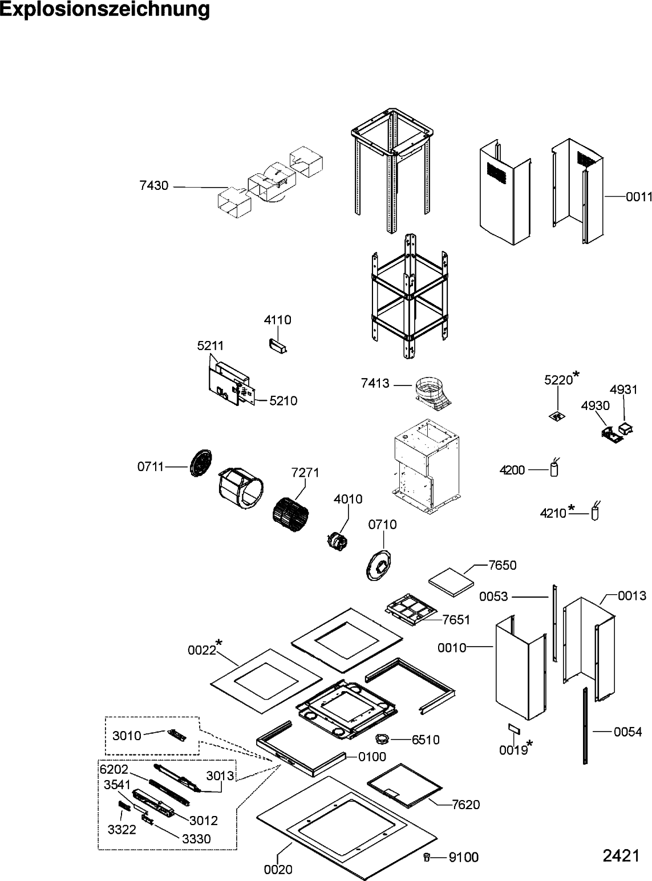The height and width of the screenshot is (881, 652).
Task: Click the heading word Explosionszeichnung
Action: (x=105, y=10)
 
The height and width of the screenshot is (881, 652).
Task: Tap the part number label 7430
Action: (x=153, y=185)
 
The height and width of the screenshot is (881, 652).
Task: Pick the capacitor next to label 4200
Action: (x=553, y=469)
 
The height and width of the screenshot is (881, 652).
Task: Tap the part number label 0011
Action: (x=638, y=197)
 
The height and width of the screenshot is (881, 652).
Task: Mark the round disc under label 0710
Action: (x=378, y=566)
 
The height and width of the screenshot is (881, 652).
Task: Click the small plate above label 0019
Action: (x=513, y=729)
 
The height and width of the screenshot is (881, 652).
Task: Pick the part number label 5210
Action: (x=283, y=401)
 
